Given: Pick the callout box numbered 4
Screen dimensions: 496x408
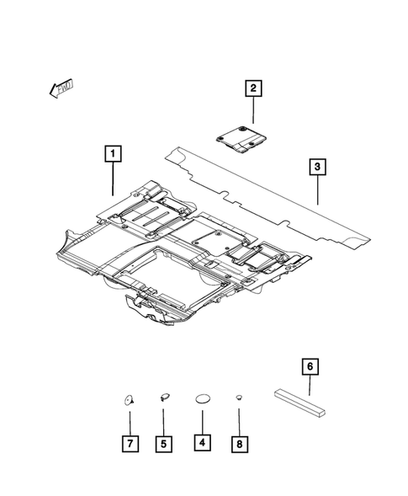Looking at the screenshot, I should pyautogui.click(x=202, y=440).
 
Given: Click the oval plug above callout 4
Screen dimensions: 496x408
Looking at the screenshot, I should pyautogui.click(x=203, y=399).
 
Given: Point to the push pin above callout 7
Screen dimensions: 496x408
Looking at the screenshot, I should pyautogui.click(x=130, y=400).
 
